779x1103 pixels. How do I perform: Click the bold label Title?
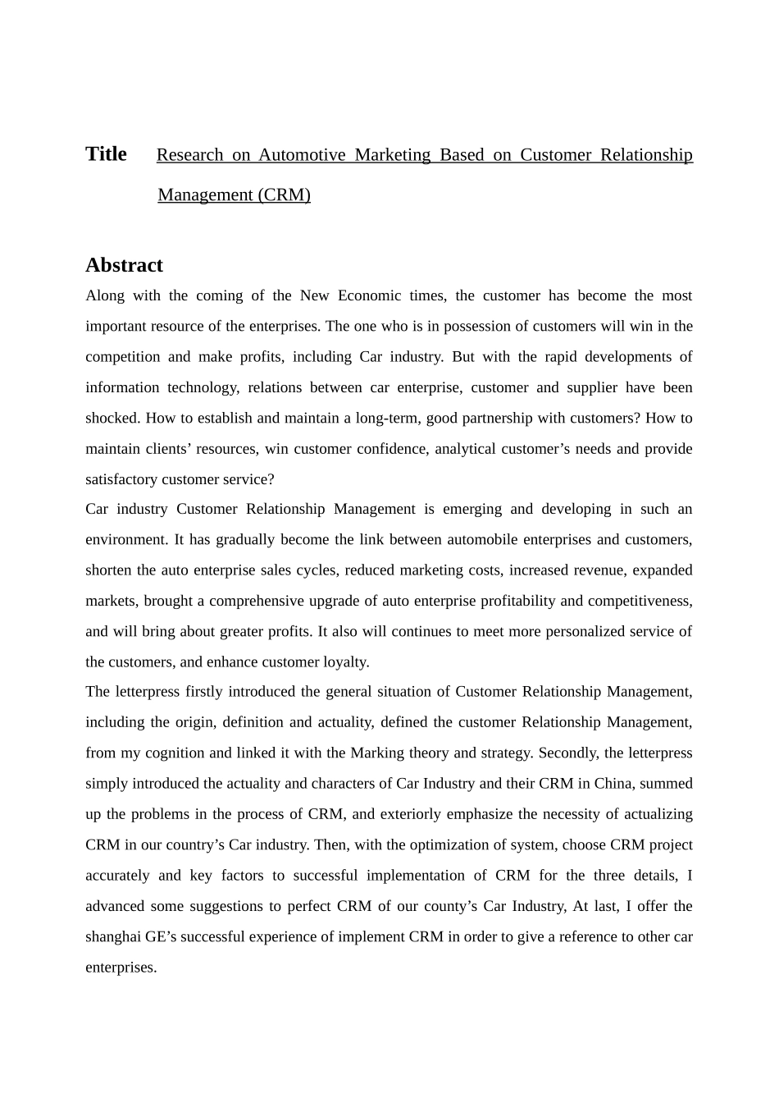(106, 154)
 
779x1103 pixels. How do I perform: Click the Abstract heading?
(124, 265)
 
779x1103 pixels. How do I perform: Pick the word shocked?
(112, 418)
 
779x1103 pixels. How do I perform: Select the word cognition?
(175, 753)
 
